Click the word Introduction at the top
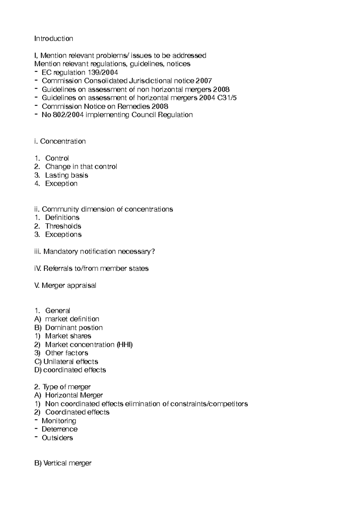[x=54, y=38]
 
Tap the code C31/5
[x=227, y=98]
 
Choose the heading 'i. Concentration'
[x=60, y=141]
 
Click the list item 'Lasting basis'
[x=66, y=175]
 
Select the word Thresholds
[x=63, y=226]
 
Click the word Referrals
[x=58, y=268]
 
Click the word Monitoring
[x=59, y=421]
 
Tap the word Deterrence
[x=59, y=429]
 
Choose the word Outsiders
[x=57, y=438]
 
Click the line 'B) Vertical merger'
[x=63, y=463]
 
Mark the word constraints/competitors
[x=209, y=404]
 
